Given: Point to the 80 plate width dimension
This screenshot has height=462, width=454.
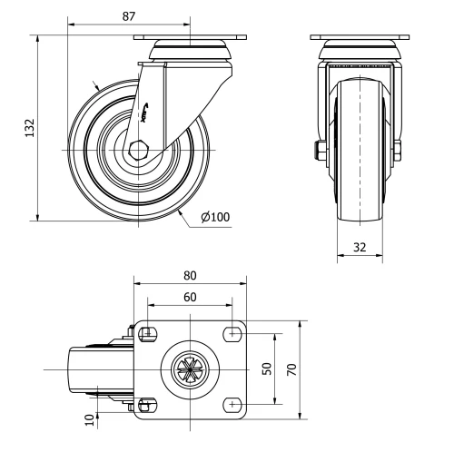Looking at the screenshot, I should pyautogui.click(x=190, y=274).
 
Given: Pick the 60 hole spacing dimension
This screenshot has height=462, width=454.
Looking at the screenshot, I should pyautogui.click(x=190, y=296).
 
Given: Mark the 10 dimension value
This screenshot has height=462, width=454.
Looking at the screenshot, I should pyautogui.click(x=88, y=419).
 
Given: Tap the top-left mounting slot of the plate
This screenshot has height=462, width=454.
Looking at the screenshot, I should pyautogui.click(x=149, y=332).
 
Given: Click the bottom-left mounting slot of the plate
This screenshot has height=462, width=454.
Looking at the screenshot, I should pyautogui.click(x=149, y=404).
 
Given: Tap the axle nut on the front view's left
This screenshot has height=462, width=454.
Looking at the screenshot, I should pyautogui.click(x=321, y=150).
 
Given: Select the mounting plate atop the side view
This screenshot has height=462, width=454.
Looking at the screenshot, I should pyautogui.click(x=190, y=37).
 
